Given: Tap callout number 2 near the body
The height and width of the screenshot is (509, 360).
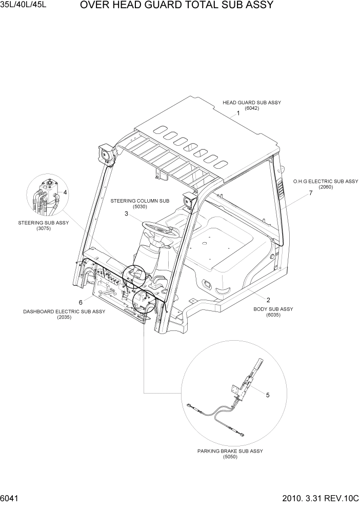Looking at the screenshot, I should coord(268,299).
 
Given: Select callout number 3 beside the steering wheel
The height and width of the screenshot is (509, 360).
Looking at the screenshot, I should coord(126,214).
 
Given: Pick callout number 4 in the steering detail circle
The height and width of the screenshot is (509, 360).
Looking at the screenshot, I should coord(65,192).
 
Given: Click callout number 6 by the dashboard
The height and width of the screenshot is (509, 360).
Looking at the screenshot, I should coord(81,302).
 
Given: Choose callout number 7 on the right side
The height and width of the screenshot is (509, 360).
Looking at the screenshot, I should coord(310,193).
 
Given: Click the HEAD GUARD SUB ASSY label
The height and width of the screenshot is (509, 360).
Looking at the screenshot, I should coord(251,103).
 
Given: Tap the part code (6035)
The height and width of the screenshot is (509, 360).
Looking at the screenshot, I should coord(273,315).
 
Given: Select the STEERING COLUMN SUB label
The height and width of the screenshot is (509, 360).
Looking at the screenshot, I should coord(133,202).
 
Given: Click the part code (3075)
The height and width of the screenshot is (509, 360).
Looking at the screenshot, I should coord(44,228).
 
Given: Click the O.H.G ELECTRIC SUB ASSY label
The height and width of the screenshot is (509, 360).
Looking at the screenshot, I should coord(325,182).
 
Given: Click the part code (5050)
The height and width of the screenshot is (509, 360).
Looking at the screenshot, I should coord(230,457).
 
